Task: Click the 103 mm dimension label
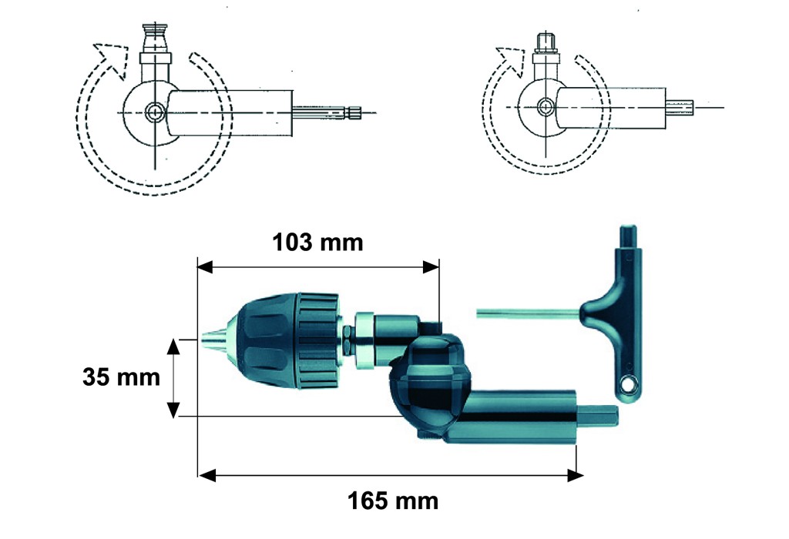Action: pyautogui.click(x=317, y=243)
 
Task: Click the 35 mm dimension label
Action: pyautogui.click(x=121, y=377)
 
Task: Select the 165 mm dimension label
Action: pyautogui.click(x=393, y=500)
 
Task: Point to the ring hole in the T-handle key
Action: pyautogui.click(x=627, y=386)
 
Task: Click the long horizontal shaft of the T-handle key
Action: pyautogui.click(x=529, y=313)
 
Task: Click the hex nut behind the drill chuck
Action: pyautogui.click(x=348, y=340)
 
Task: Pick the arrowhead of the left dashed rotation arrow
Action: pyautogui.click(x=112, y=59)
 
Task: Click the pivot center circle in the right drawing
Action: pyautogui.click(x=545, y=107)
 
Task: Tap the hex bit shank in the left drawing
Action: pyautogui.click(x=327, y=112)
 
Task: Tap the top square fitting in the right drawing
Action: pyautogui.click(x=546, y=42)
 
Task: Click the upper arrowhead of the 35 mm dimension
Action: pyautogui.click(x=173, y=347)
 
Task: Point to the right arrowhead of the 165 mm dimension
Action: pyautogui.click(x=575, y=475)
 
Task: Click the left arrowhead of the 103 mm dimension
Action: pyautogui.click(x=206, y=266)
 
